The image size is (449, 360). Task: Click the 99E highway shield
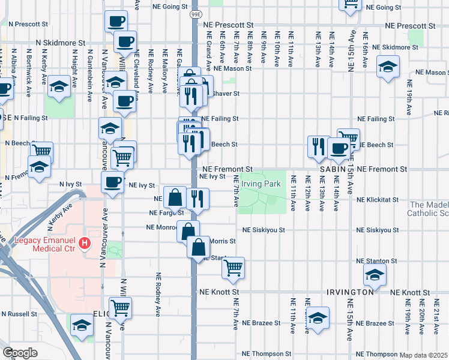point(196,13)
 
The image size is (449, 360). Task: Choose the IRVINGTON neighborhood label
point(351,292)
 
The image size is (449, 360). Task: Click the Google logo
point(20,353)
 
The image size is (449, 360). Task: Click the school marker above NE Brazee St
point(318,317)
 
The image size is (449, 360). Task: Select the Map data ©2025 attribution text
point(424,355)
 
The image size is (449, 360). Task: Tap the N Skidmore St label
point(61,43)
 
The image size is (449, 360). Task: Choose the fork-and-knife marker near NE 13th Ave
point(317,146)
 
